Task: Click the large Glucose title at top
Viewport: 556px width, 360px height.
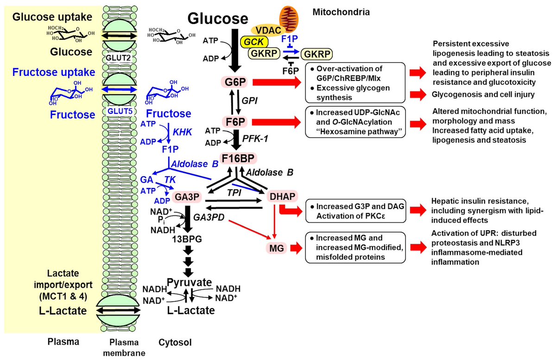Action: [217, 19]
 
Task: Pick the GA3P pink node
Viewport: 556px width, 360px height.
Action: [186, 197]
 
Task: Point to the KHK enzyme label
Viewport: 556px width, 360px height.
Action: [182, 132]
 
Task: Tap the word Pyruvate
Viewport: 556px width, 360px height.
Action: [189, 282]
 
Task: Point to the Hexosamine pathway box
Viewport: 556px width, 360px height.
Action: [355, 121]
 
